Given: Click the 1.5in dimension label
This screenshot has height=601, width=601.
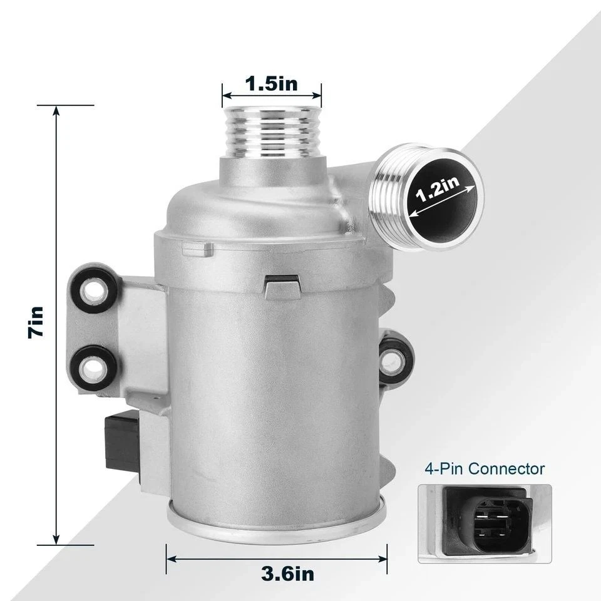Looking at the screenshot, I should click(x=272, y=83).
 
